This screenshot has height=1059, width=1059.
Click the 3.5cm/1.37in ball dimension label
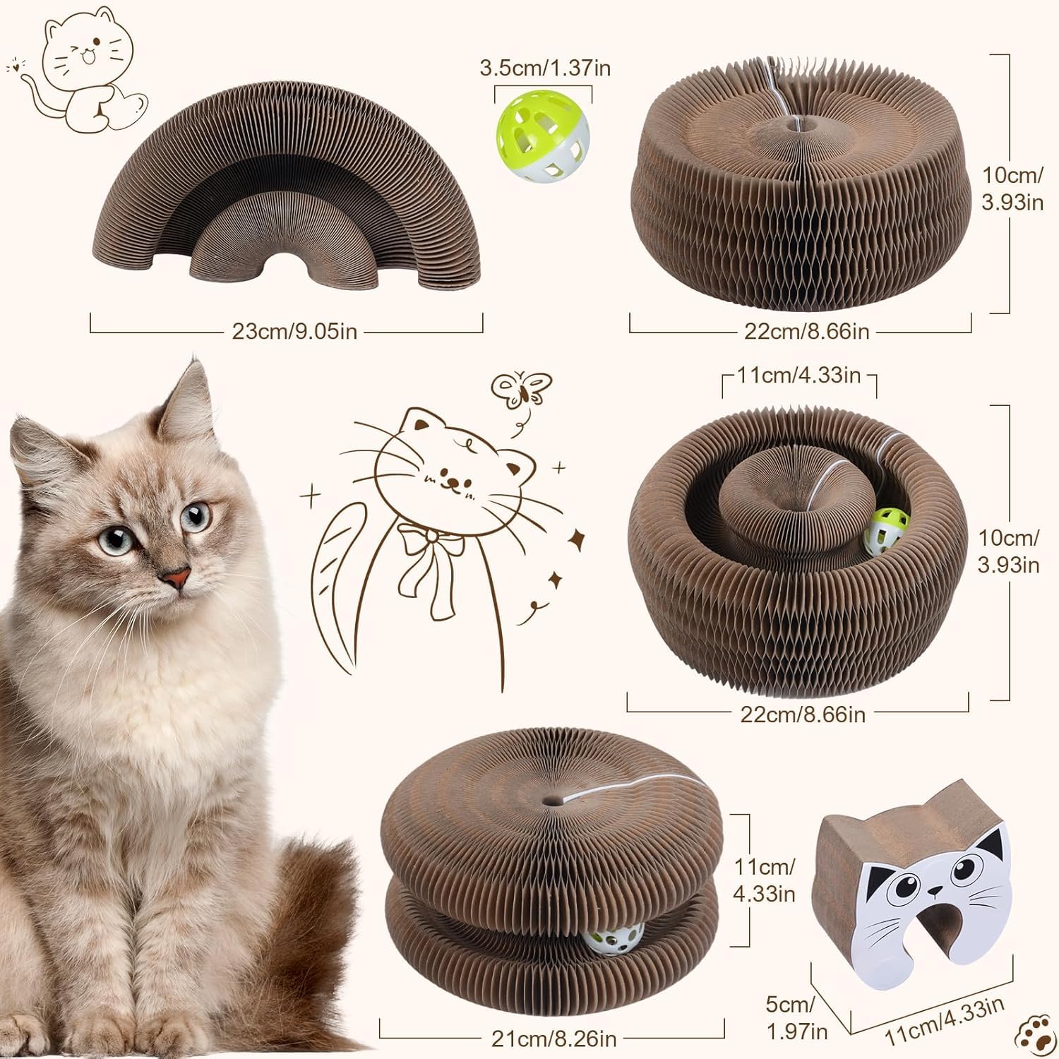545,68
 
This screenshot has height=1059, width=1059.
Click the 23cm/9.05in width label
294,331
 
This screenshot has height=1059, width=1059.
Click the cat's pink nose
176,579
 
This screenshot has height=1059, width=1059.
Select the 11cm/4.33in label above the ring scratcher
799,375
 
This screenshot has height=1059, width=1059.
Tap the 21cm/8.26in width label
554,1039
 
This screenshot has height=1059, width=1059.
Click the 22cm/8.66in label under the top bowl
806,331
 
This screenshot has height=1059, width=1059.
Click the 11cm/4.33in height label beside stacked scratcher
764,880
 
